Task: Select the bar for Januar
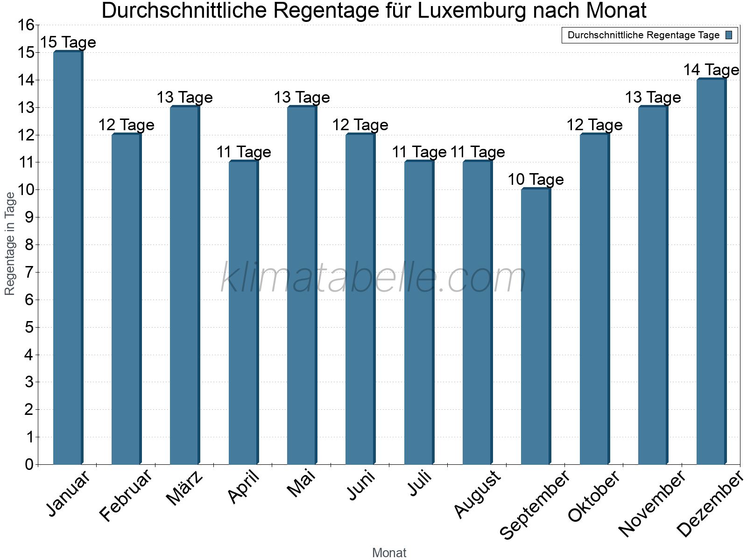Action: (68, 258)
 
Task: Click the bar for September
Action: (536, 327)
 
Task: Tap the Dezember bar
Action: (711, 272)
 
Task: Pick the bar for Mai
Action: (302, 285)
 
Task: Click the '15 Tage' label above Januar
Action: (68, 42)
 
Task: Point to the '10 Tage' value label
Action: (536, 180)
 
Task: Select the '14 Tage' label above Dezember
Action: (711, 70)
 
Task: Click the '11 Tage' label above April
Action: (243, 152)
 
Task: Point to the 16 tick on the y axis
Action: (26, 25)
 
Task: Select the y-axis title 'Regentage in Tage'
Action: (10, 244)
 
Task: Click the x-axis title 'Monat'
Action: (389, 553)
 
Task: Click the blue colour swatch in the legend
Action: (729, 35)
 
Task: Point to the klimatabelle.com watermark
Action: (373, 278)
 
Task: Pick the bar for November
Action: (653, 285)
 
